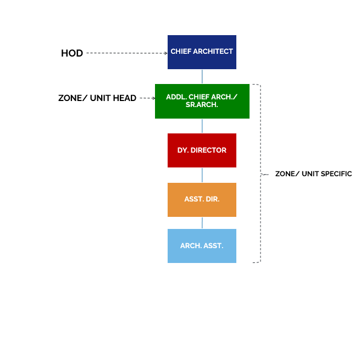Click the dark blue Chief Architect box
coord(202,52)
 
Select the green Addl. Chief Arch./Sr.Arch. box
coord(202,101)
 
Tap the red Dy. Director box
coord(202,150)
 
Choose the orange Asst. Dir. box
coord(202,200)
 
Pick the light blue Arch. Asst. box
coord(202,246)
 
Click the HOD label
coord(72,53)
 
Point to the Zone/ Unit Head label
coord(97,98)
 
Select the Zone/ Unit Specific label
coord(313,173)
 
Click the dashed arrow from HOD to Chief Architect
coord(127,53)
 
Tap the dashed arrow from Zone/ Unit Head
coord(148,98)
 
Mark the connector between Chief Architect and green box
coord(202,77)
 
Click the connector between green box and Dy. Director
coord(202,126)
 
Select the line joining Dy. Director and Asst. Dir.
coord(202,175)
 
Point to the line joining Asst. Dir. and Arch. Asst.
coord(202,223)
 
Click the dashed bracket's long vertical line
coord(261,173)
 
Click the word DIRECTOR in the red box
coord(208,150)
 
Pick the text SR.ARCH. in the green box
coord(202,105)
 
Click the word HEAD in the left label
coord(125,98)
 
